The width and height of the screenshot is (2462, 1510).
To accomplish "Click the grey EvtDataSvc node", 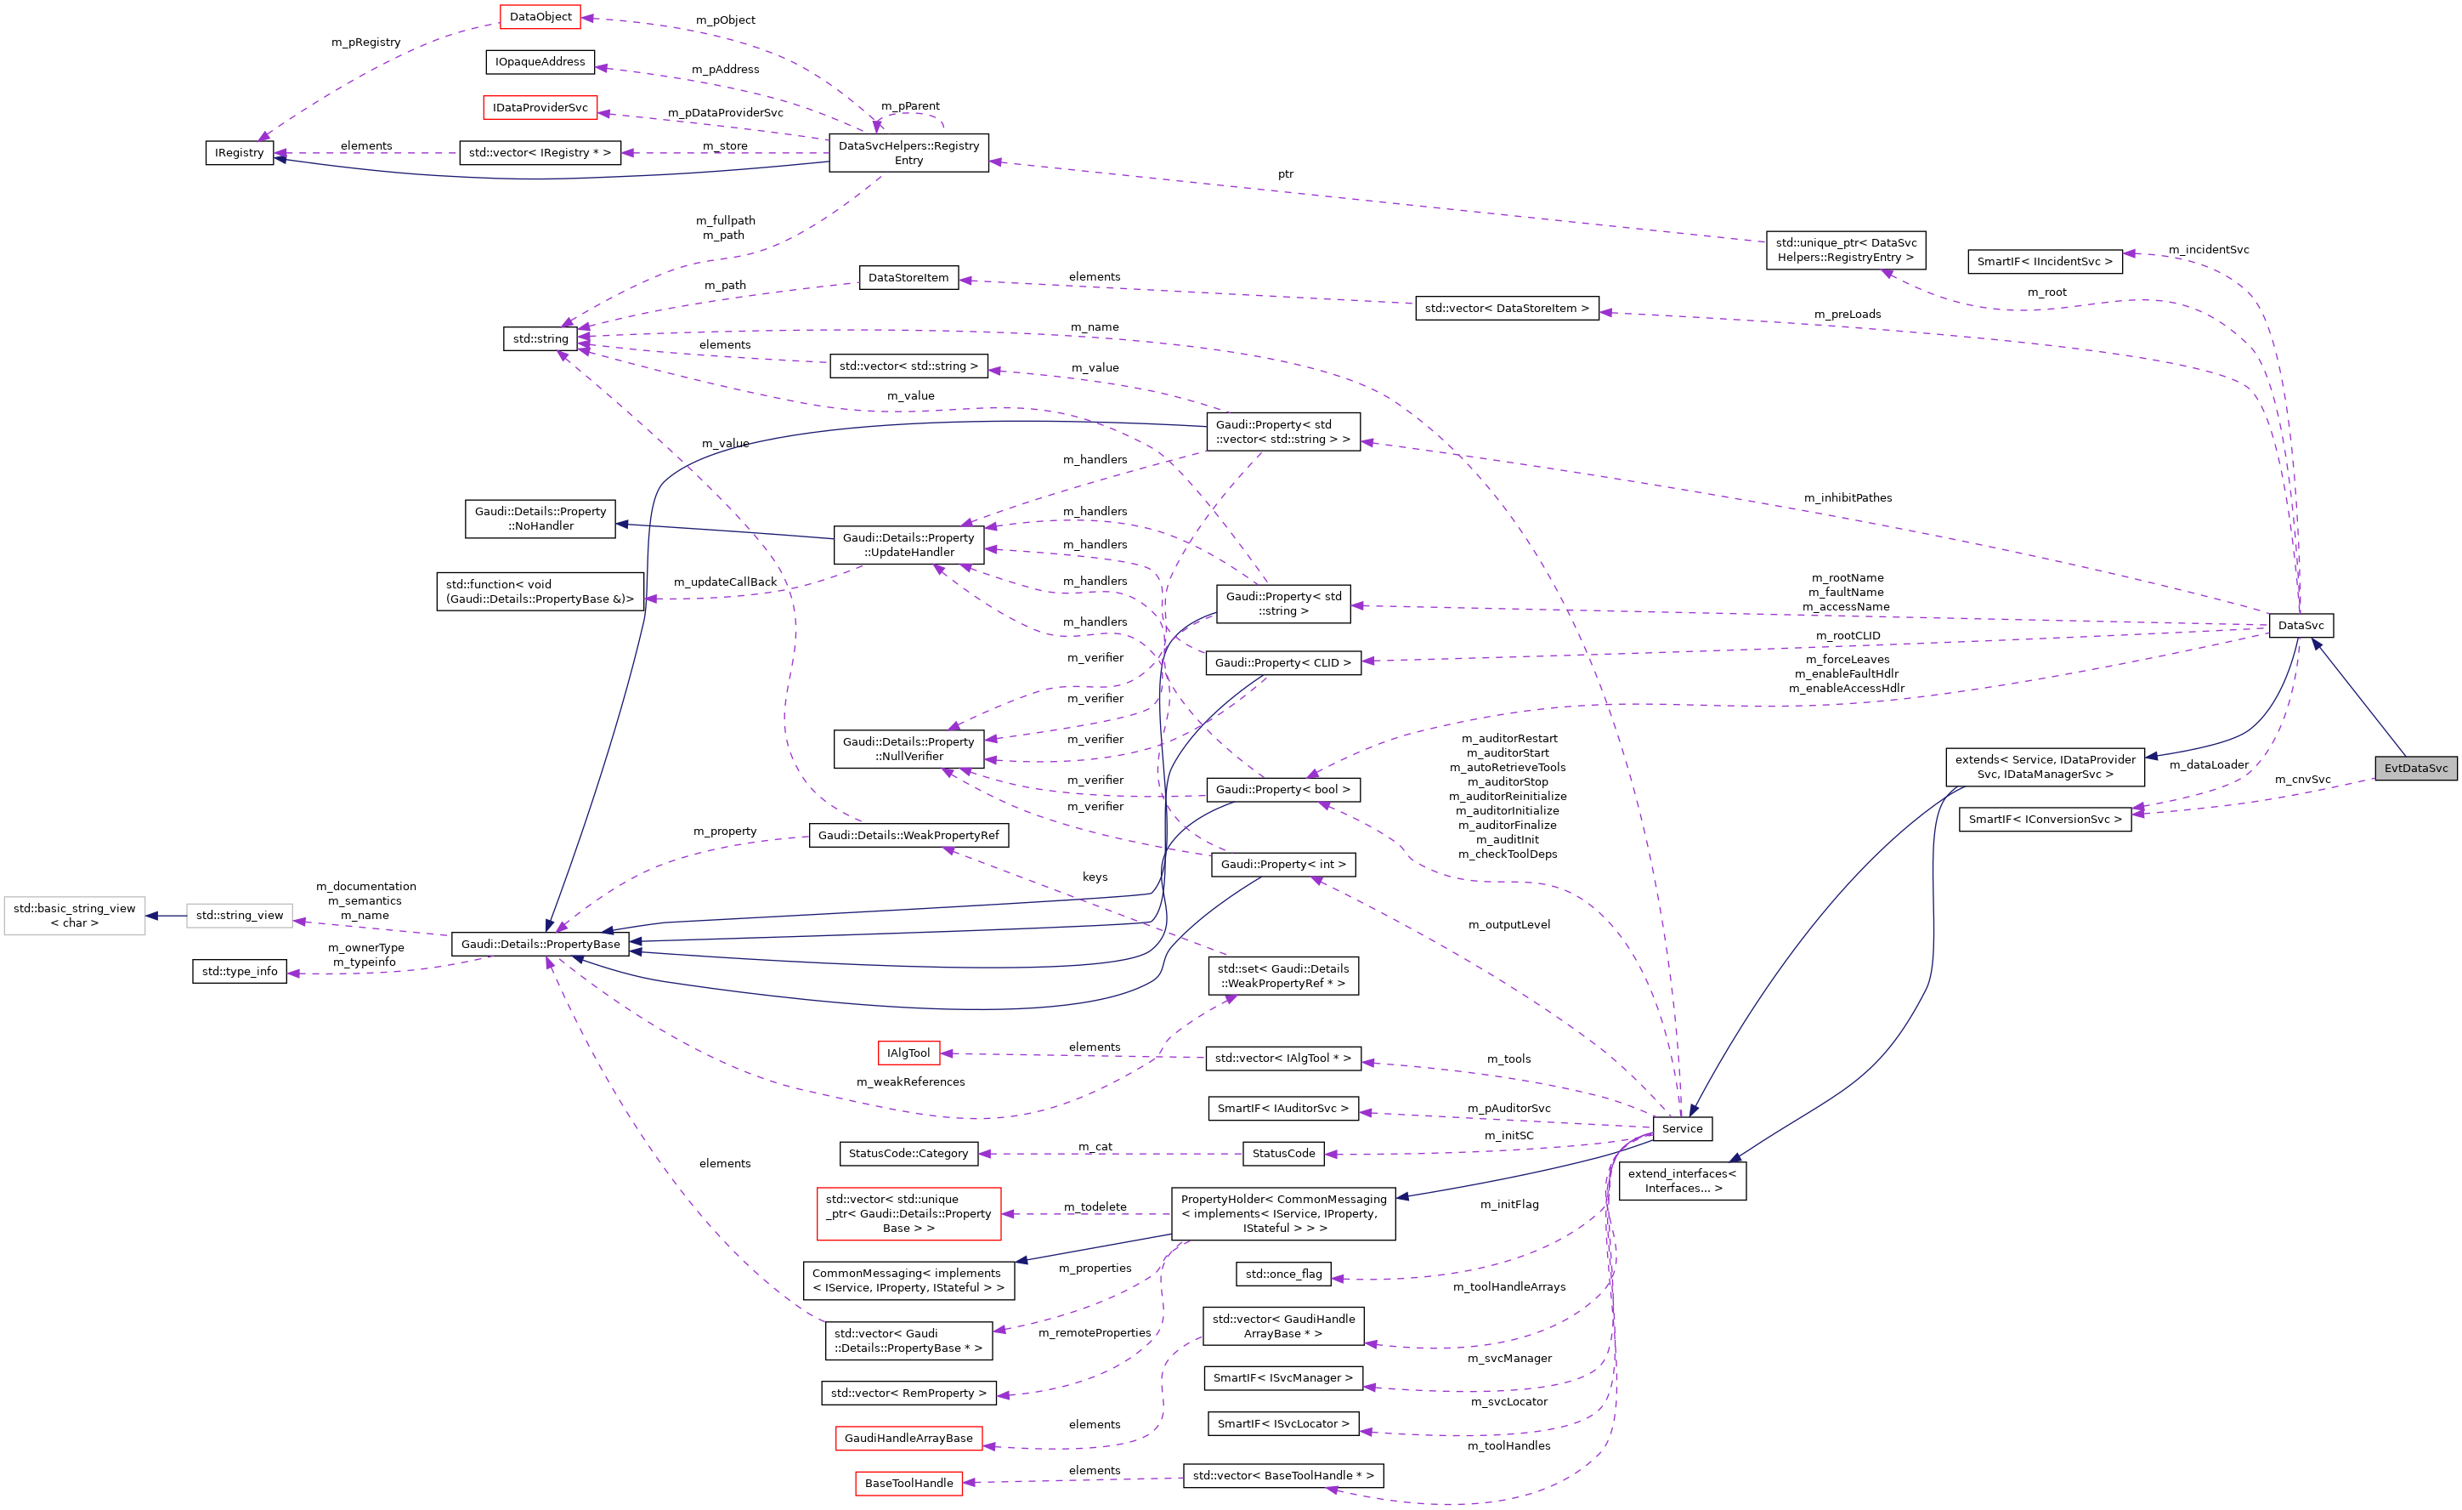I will [x=2415, y=768].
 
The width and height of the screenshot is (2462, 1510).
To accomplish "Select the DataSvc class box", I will [x=2301, y=626].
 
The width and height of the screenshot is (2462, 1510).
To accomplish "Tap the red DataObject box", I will [x=540, y=17].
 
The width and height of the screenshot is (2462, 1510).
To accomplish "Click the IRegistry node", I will [x=239, y=153].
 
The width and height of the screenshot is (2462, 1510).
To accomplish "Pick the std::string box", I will [x=540, y=338].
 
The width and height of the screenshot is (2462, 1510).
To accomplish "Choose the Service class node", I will [x=1682, y=1128].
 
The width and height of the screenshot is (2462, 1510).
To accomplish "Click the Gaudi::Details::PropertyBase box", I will [x=540, y=944].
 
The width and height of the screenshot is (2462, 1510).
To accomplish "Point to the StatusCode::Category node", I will [x=908, y=1153].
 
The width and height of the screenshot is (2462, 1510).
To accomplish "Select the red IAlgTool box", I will [x=908, y=1053].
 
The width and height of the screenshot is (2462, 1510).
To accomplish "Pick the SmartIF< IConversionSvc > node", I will [x=2045, y=819].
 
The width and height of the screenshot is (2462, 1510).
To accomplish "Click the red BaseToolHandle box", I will [x=908, y=1483].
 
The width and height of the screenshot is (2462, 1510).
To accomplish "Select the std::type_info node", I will [x=239, y=970].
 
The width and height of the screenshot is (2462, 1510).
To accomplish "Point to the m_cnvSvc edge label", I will [x=2302, y=780].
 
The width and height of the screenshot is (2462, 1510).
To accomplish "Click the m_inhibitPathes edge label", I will [x=1847, y=497].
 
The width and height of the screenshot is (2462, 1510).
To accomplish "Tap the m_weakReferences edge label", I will [x=910, y=1081].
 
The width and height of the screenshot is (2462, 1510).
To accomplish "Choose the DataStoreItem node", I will [x=908, y=278].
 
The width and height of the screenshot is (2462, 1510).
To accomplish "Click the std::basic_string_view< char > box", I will [x=74, y=916].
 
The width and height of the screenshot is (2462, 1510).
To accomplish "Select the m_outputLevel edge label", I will [x=1508, y=924].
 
